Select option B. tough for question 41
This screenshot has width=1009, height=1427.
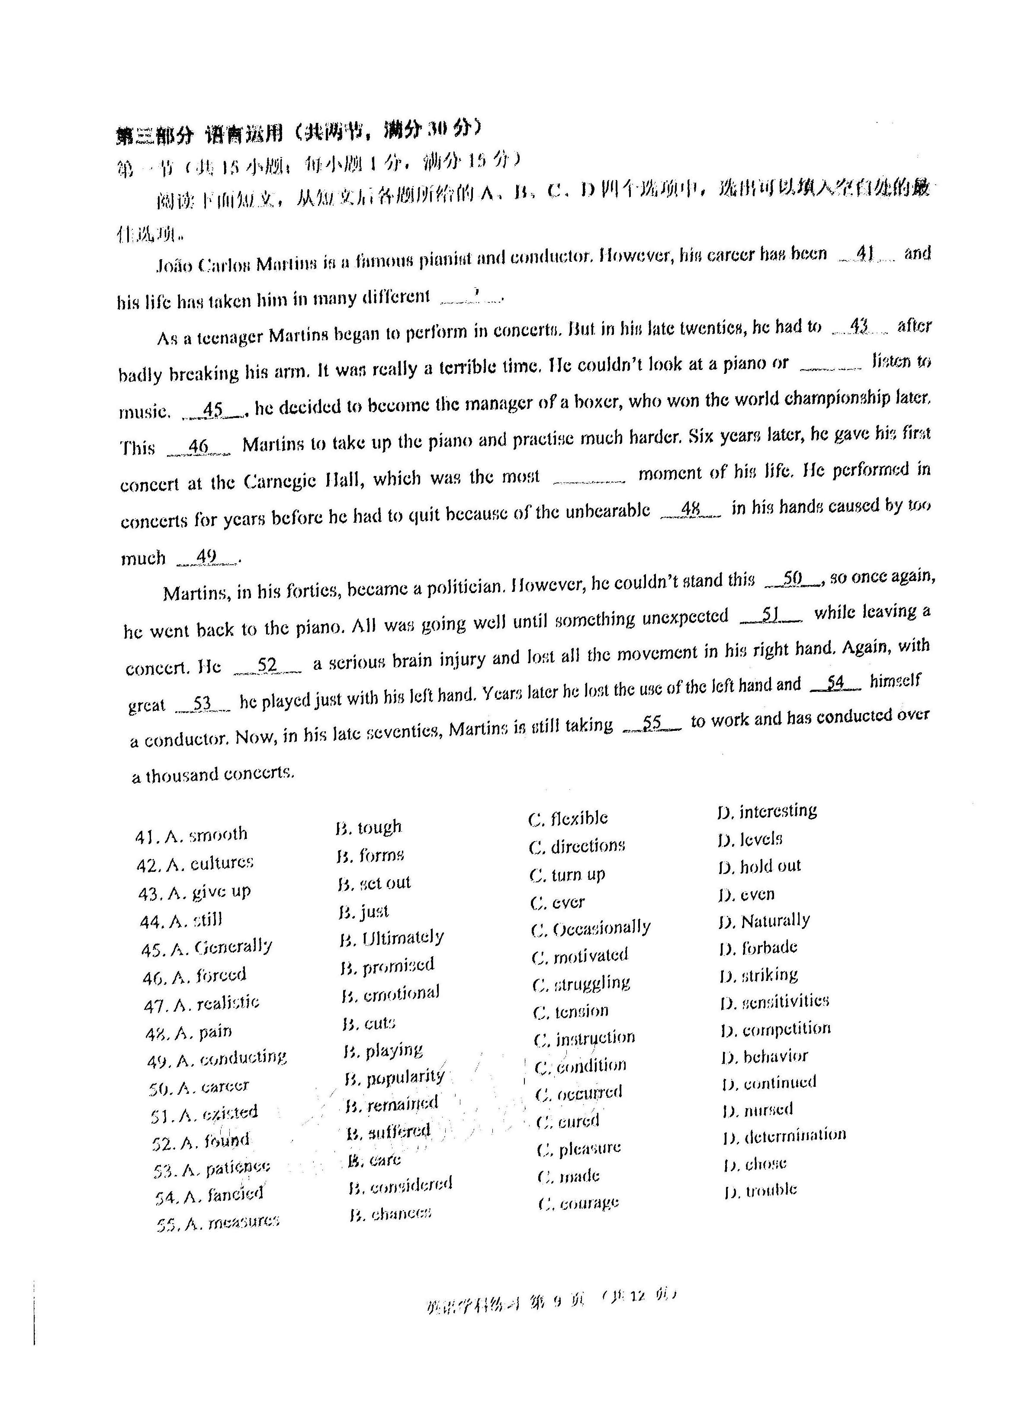pos(369,828)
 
